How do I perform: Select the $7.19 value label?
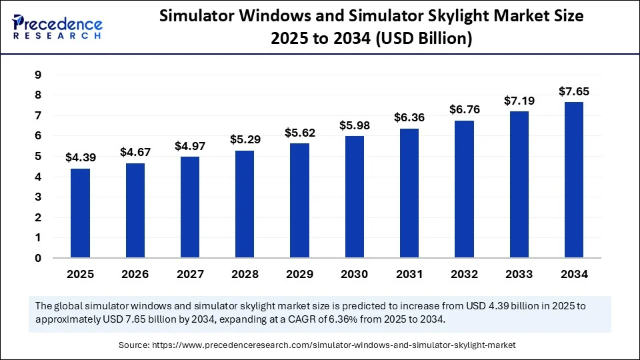tap(519, 101)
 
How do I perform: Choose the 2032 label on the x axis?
tap(464, 274)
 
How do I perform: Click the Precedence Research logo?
tap(57, 27)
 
